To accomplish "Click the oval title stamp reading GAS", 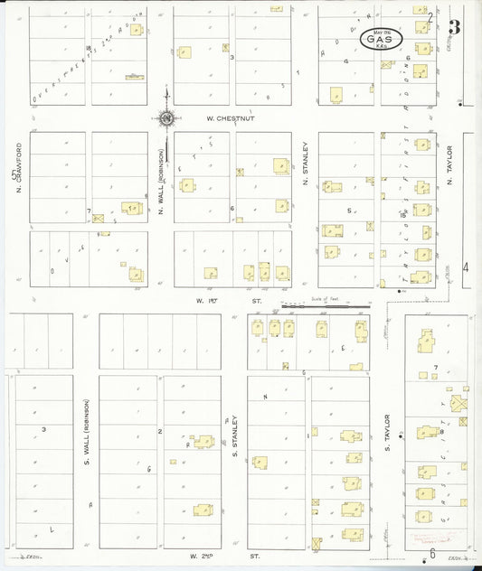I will (x=382, y=40).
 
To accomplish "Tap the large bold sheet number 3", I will (x=455, y=27).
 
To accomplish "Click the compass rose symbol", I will (x=167, y=117).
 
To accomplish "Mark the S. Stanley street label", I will (x=234, y=436).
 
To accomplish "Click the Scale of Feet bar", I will (x=313, y=305).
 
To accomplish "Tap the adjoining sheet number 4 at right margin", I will (x=467, y=267).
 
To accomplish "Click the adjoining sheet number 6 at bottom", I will (x=433, y=552).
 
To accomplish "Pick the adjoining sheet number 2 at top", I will (x=431, y=16).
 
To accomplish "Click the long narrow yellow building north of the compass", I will (x=134, y=77).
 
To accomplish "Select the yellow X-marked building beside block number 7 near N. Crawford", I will (x=99, y=218).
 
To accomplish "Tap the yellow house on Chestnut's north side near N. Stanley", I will (x=336, y=94).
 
